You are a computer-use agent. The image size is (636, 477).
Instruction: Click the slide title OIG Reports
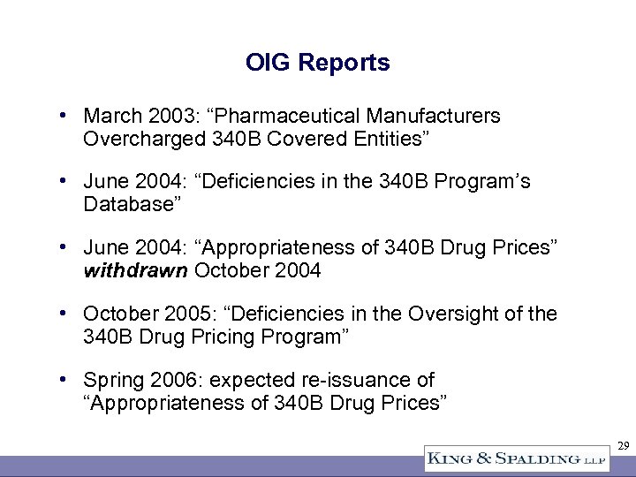point(317,63)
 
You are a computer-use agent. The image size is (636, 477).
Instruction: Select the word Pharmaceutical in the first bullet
point(296,116)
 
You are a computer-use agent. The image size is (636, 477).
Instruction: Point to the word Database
point(125,204)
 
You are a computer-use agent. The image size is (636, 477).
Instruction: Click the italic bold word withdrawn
point(134,269)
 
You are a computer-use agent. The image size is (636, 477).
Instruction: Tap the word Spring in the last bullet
point(113,380)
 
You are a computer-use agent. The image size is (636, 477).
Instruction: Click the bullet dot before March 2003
point(66,116)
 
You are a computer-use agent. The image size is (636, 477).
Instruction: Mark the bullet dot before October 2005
point(66,313)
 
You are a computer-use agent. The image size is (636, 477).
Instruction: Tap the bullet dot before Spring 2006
point(66,380)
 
